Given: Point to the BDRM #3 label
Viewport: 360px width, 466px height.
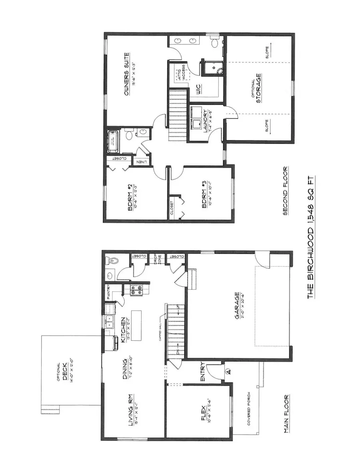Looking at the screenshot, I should [x=204, y=195].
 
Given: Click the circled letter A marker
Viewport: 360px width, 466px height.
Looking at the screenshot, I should [x=228, y=371].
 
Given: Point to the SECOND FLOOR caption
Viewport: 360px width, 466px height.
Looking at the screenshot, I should [x=286, y=191].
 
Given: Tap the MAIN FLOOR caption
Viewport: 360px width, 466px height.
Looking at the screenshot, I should [x=286, y=414].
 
